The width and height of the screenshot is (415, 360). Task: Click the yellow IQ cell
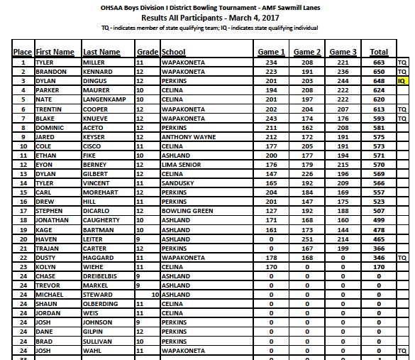pos(402,81)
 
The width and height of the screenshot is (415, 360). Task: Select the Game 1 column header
pos(272,52)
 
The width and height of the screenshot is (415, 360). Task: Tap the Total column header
pos(379,52)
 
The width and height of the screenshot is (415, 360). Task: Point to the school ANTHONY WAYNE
pos(187,136)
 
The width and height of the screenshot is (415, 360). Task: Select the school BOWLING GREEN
pos(187,210)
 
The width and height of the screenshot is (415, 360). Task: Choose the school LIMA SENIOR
pos(181,164)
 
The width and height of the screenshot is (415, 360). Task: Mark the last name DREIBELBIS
pos(103,276)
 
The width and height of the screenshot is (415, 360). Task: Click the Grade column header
pos(147,52)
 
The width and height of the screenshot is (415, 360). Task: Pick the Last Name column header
pos(101,52)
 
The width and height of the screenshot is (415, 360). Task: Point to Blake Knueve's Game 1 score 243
pos(272,118)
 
